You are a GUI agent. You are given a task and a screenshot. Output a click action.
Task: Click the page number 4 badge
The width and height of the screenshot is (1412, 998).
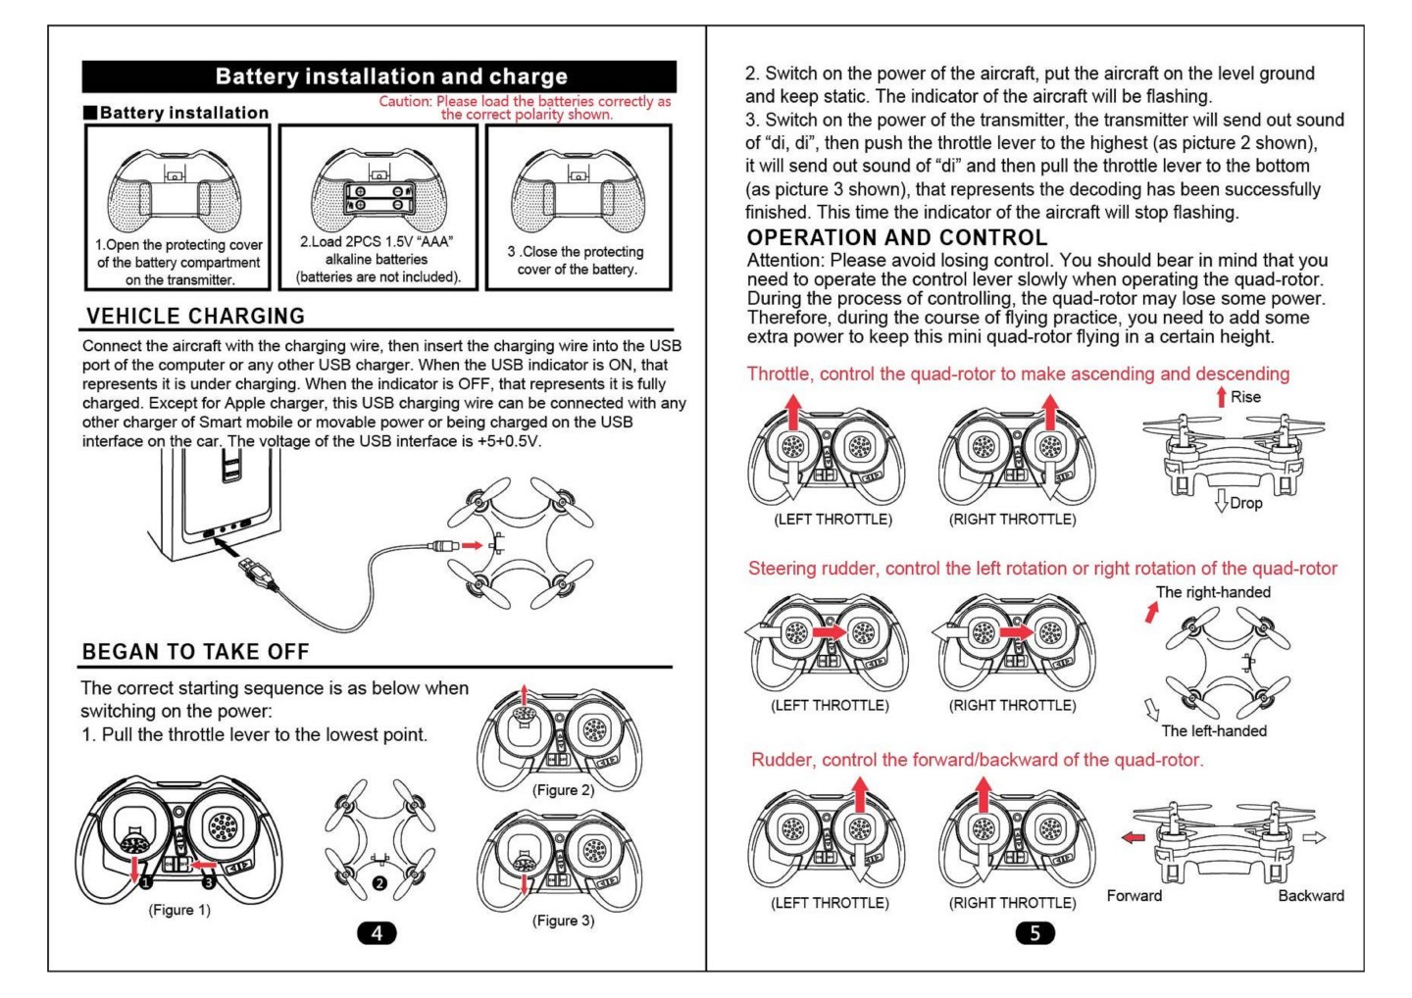[378, 932]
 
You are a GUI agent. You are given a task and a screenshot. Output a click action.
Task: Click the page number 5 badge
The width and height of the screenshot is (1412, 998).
[1034, 932]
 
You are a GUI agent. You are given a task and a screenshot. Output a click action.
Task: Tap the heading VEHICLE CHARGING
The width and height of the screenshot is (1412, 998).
[196, 317]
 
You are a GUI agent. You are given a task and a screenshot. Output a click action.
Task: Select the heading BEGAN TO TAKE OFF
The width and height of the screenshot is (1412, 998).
[196, 652]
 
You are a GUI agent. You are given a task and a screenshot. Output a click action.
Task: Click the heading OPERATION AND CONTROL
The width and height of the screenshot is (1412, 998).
[897, 237]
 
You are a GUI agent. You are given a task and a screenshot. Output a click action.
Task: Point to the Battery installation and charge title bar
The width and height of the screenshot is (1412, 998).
[379, 76]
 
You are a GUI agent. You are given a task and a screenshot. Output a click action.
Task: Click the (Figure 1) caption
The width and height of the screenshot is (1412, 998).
[179, 910]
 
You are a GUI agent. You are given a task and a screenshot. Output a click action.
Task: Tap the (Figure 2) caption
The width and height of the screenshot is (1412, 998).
[563, 790]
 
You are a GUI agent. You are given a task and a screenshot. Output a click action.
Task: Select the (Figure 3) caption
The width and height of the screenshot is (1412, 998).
[563, 921]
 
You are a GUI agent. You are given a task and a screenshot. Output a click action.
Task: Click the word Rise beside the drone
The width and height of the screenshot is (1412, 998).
[1245, 397]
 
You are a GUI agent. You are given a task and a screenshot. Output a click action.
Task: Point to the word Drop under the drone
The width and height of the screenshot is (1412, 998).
[1245, 503]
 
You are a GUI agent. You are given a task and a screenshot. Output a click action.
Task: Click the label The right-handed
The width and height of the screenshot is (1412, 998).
[1213, 592]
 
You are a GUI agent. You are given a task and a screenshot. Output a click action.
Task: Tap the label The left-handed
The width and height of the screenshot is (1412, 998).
[1214, 730]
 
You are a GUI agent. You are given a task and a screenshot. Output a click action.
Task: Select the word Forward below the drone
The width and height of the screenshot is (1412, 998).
[1135, 895]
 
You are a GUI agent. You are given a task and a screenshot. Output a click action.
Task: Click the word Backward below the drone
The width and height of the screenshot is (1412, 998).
[1311, 895]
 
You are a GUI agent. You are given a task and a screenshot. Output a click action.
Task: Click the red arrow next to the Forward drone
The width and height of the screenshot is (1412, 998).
[1134, 837]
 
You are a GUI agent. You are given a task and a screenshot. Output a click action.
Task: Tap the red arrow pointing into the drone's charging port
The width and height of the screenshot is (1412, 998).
[473, 545]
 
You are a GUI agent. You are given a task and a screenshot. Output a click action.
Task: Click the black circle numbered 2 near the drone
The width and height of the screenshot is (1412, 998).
[379, 883]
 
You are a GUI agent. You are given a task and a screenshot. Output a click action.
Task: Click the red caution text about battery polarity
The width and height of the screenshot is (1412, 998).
[527, 108]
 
